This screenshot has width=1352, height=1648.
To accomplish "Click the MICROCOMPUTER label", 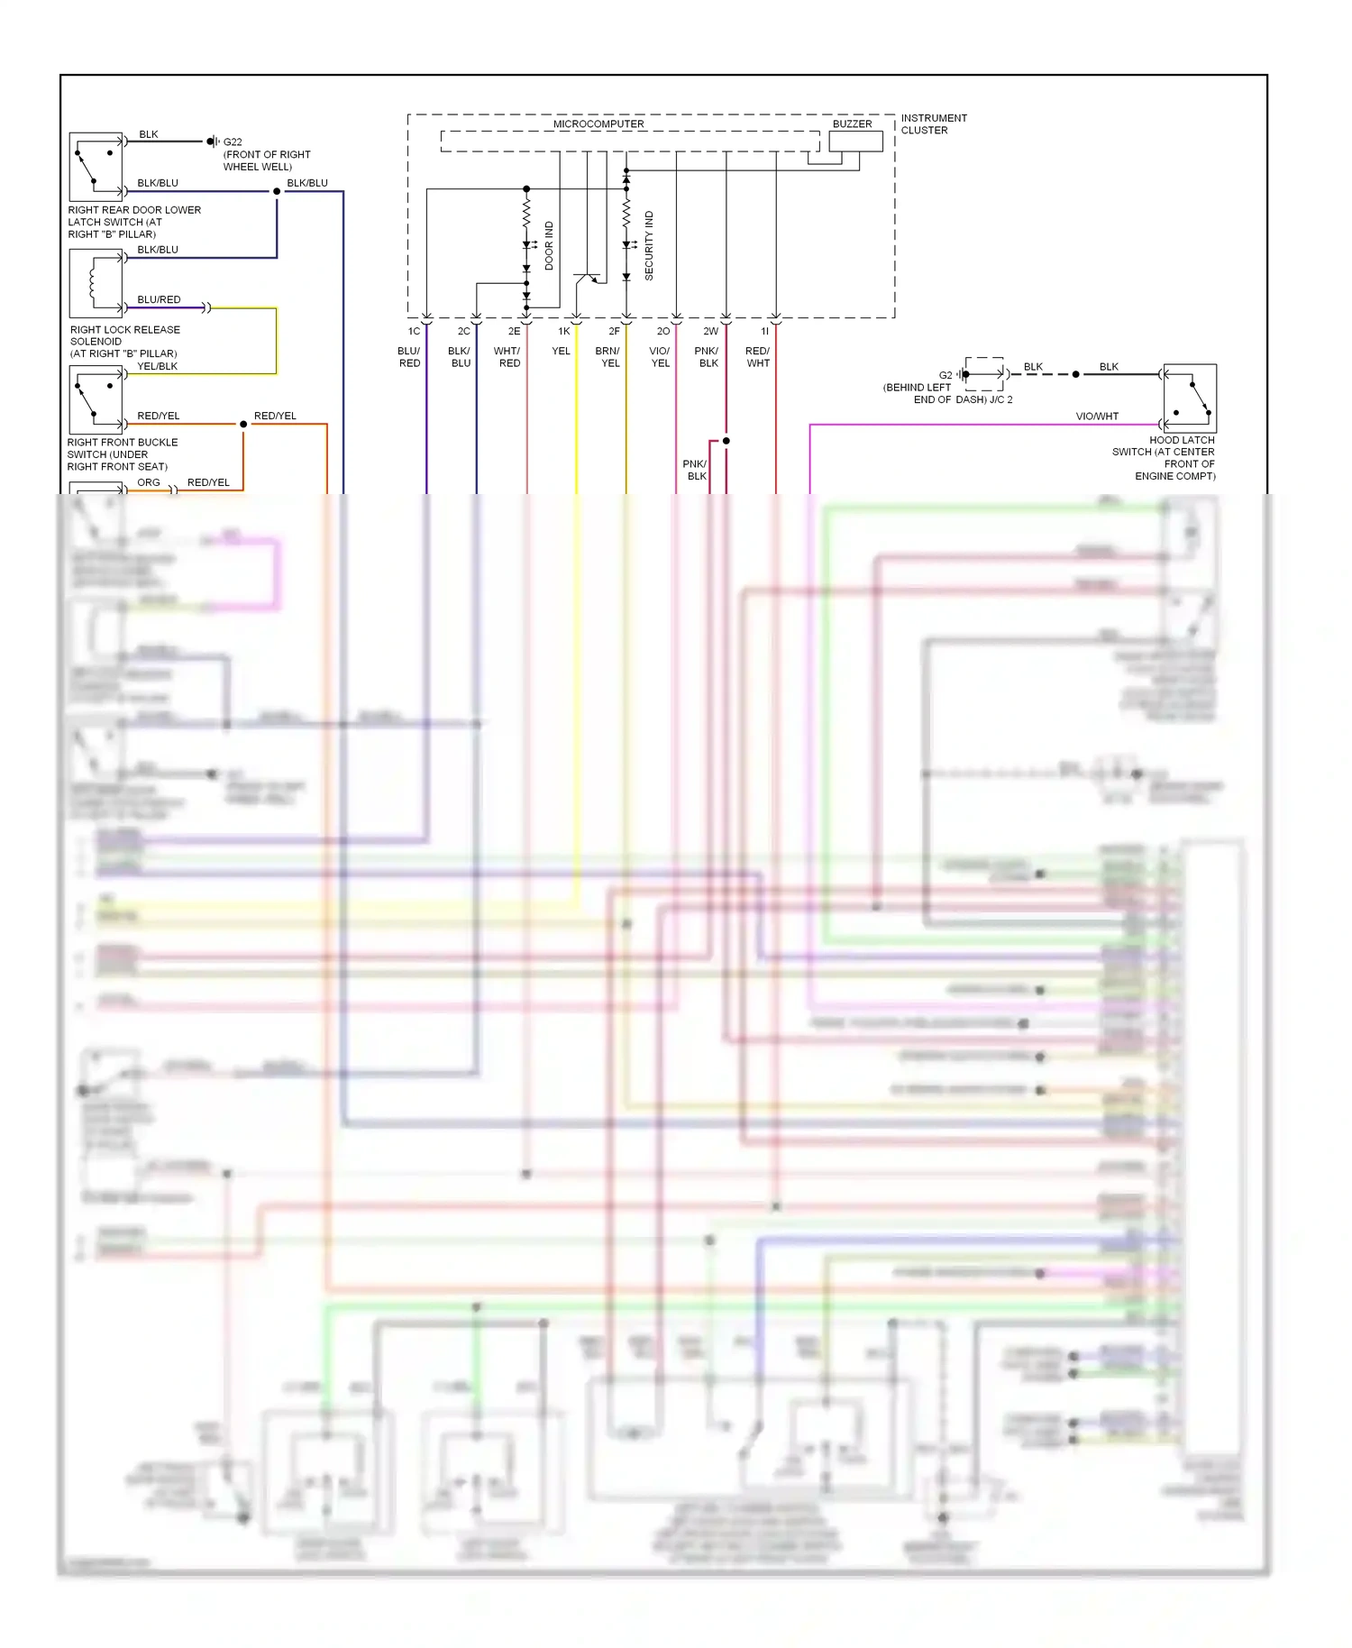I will coord(598,124).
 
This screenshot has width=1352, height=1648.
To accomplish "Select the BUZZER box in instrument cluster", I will coord(854,142).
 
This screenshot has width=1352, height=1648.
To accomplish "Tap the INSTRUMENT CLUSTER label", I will coord(933,124).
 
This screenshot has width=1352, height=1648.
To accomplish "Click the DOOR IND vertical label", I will coord(549,246).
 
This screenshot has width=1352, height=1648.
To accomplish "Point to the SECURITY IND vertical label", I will coord(649,246).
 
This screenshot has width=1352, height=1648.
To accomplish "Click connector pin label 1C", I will coord(414,332).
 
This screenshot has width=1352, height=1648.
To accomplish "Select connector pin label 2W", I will coord(710,332).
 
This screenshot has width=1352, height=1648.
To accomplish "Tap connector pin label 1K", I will coord(564,332).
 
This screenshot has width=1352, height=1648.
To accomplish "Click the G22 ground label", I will coord(233,142).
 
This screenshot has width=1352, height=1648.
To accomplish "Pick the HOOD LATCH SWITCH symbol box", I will coord(1190,397).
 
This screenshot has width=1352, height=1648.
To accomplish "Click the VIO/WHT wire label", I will coord(1096,417).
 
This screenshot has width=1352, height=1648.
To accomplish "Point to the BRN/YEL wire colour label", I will coord(608,357).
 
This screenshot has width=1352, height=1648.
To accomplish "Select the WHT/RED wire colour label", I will coord(507,357).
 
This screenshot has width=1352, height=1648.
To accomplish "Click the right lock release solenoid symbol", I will coord(96,283).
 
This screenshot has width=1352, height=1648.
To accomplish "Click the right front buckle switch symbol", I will coord(96,400).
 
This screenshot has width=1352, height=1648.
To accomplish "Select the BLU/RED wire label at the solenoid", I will coord(159,299).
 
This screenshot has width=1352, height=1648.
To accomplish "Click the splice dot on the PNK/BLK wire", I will coord(726,441).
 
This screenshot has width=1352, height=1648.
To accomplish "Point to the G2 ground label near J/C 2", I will coord(945,375).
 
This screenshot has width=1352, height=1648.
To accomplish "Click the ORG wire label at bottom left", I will coord(149,483).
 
